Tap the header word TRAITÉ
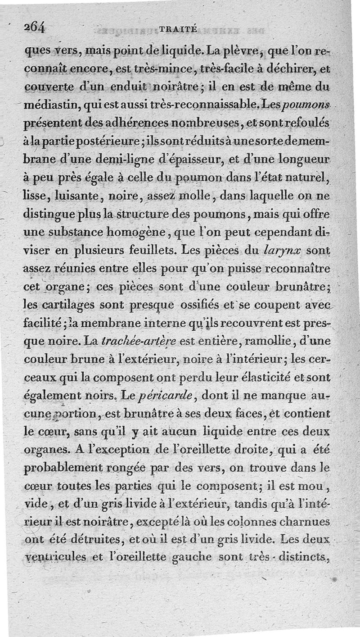(x=178, y=29)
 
